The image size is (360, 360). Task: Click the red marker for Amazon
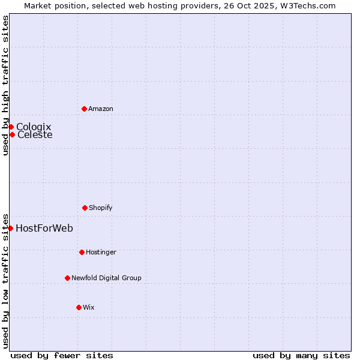click(84, 109)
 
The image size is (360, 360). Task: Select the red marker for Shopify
click(85, 208)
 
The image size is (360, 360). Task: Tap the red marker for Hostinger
click(82, 252)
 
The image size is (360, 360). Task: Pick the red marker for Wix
click(79, 307)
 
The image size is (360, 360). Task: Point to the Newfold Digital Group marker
click(67, 278)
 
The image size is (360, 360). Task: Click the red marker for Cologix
click(11, 127)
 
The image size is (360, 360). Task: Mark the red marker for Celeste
click(12, 134)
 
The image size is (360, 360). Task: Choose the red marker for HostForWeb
click(10, 228)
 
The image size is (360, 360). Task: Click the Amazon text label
click(101, 109)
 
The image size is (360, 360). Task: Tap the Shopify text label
click(101, 208)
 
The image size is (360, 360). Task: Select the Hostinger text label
click(101, 252)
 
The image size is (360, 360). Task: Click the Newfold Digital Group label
click(106, 278)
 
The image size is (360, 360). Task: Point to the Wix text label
click(89, 307)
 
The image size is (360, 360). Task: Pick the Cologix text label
click(34, 127)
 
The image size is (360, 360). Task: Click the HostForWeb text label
click(44, 228)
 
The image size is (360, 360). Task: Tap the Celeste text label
click(35, 134)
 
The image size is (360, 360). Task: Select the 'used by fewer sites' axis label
click(62, 355)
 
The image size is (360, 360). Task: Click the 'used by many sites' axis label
click(301, 355)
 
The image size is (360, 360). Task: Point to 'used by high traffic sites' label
click(5, 85)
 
